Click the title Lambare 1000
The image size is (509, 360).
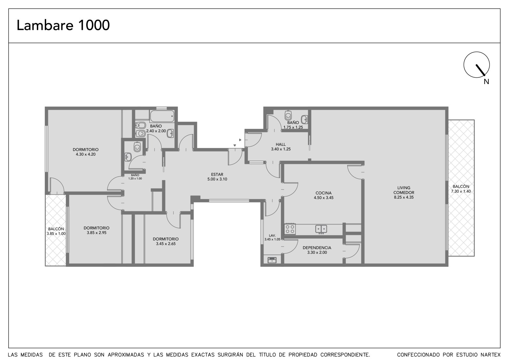(x=63, y=25)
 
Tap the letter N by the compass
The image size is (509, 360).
(x=486, y=81)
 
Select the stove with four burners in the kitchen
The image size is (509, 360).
(x=290, y=229)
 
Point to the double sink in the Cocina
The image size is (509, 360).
(x=321, y=229)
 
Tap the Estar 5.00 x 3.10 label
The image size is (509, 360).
(x=217, y=177)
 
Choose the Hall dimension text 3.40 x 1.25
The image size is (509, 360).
(x=281, y=149)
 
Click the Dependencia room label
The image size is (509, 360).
(x=317, y=248)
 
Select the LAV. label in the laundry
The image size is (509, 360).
(x=272, y=235)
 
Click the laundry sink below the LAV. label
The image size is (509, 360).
(x=272, y=260)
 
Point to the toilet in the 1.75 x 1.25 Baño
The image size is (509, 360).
(x=288, y=115)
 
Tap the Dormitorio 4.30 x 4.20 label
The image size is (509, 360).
(x=86, y=152)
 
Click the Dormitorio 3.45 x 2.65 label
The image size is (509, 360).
(x=166, y=241)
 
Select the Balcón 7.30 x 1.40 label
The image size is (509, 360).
(x=461, y=189)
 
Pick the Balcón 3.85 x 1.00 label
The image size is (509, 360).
(x=56, y=231)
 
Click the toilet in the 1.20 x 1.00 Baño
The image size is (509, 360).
(x=137, y=147)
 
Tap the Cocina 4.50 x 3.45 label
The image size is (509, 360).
(x=324, y=195)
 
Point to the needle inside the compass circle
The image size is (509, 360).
(x=480, y=70)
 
